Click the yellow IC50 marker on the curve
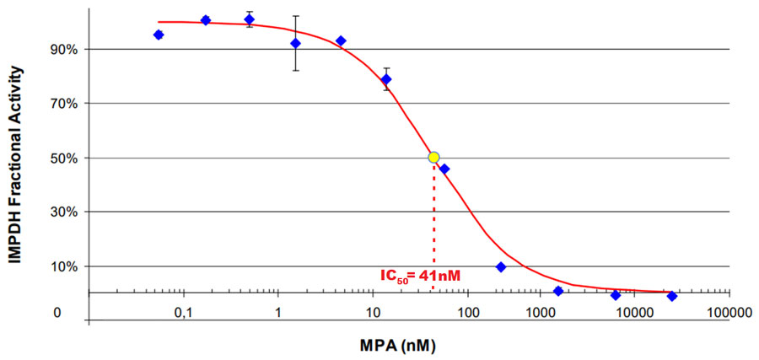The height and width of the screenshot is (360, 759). [433, 158]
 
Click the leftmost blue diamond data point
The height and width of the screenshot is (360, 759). [159, 35]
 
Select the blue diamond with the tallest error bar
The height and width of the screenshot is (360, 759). [295, 43]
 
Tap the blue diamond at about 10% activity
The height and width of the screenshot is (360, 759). [501, 267]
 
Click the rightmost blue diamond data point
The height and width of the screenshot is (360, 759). [672, 296]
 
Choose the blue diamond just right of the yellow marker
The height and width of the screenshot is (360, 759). [444, 169]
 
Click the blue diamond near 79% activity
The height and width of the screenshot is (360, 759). [386, 79]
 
